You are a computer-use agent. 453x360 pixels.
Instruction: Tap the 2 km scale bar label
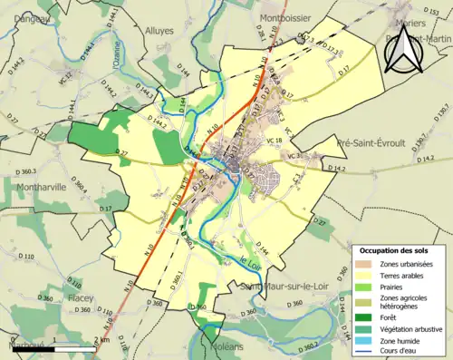[x=102, y=340]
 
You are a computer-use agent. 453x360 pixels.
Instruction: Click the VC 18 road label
[x=275, y=141]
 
